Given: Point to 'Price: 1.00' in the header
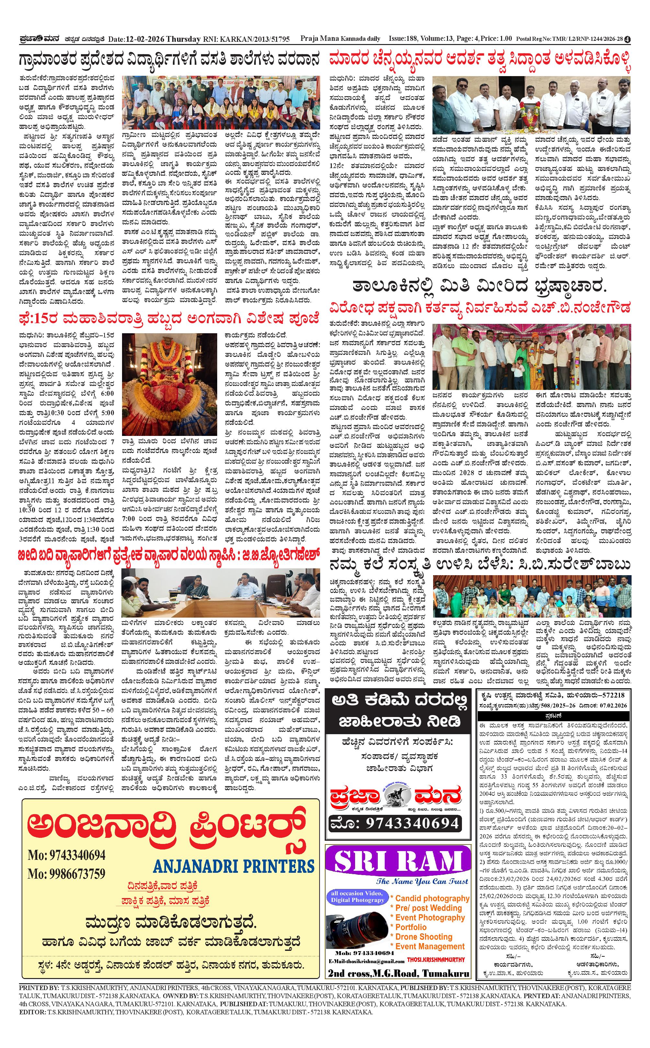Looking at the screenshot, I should point(496,39).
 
